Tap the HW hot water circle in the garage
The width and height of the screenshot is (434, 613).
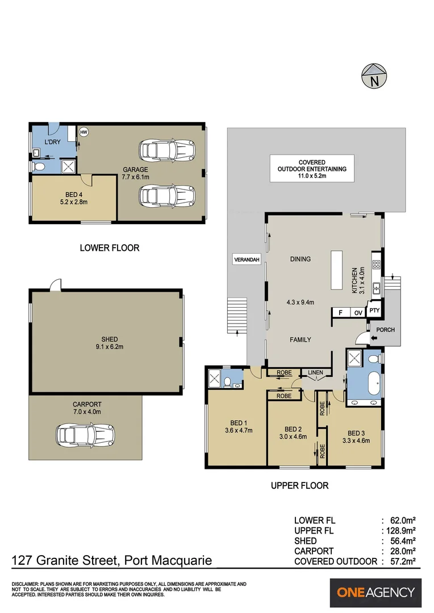coord(84,132)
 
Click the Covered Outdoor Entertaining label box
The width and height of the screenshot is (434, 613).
coord(311,169)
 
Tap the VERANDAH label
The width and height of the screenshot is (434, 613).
coord(247,260)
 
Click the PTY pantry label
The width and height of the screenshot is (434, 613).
coord(374,311)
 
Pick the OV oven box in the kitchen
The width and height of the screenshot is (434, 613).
coord(358,313)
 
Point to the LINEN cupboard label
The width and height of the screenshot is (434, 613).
coord(315,373)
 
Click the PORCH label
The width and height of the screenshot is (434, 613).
coord(385,330)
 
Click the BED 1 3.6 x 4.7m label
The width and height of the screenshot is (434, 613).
coord(238,425)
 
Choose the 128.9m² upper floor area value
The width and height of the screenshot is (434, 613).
coord(399,530)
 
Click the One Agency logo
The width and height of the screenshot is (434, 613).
coord(375,593)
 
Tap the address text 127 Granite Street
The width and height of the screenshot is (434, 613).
coord(112,561)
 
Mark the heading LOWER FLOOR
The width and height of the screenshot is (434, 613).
coord(109,247)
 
